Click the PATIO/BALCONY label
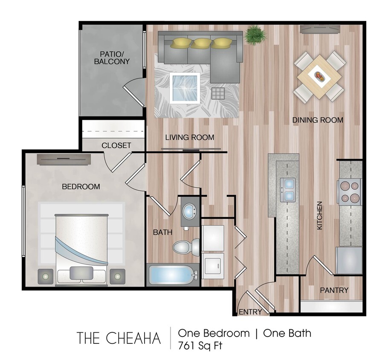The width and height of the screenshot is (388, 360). coord(115,58)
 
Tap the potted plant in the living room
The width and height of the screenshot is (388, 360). coord(255,35)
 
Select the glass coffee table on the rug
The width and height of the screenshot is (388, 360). coord(185,87)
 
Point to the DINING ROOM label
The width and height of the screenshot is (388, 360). coord(318,120)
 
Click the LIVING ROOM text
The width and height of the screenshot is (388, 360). coord(190,137)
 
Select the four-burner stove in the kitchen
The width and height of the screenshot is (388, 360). coord(349,192)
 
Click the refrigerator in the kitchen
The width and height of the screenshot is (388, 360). coord(349,260)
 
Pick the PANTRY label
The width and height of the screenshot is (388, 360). coord(334,290)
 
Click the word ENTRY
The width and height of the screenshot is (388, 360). coord(250,312)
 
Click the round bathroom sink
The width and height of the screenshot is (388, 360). coord(189,210)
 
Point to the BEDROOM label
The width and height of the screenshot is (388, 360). coord(81,187)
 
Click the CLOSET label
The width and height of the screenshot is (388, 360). coord(116,145)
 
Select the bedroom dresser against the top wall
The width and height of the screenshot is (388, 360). coord(64,159)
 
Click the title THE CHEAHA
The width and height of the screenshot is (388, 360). coord(119,338)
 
